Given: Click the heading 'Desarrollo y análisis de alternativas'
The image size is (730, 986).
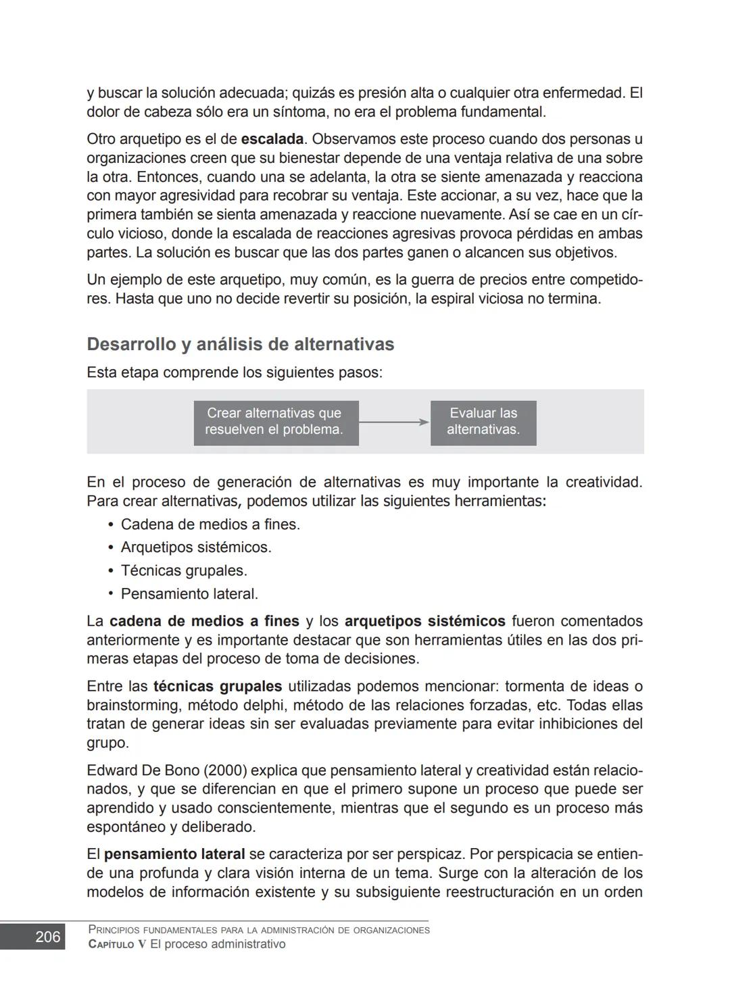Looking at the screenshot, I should (240, 345).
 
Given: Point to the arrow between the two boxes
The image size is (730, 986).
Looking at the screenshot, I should (394, 422).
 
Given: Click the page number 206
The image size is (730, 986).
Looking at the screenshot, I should (47, 937).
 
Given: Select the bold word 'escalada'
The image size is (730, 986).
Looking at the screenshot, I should (272, 140).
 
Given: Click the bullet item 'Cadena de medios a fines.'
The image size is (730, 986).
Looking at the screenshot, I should (210, 524).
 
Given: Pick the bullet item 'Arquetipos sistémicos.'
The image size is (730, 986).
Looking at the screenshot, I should (196, 547).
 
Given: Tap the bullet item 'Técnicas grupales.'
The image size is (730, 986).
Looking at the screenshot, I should (184, 571).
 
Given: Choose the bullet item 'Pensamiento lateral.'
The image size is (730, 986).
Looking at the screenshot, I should (189, 594).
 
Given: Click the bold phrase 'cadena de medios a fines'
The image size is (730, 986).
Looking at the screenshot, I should (204, 621).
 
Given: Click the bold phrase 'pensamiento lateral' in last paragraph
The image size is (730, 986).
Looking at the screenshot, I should (174, 854).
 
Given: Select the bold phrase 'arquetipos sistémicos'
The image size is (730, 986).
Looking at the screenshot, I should (424, 621).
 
